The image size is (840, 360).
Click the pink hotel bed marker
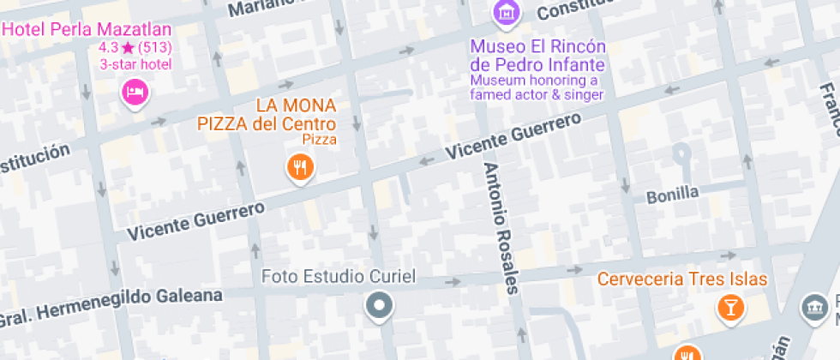tap(135, 91)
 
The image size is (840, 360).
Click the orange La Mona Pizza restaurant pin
tap(299, 165)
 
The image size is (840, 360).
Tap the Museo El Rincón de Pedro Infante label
tap(537, 56)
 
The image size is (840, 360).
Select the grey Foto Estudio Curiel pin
tap(379, 305)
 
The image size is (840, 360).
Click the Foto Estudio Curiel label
tap(338, 277)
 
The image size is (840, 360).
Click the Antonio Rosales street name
tap(501, 228)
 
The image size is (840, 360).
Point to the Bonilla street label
tap(673, 193)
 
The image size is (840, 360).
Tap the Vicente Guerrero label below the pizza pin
tap(195, 219)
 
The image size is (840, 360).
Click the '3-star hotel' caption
tap(135, 64)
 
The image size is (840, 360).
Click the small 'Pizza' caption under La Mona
tap(320, 139)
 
